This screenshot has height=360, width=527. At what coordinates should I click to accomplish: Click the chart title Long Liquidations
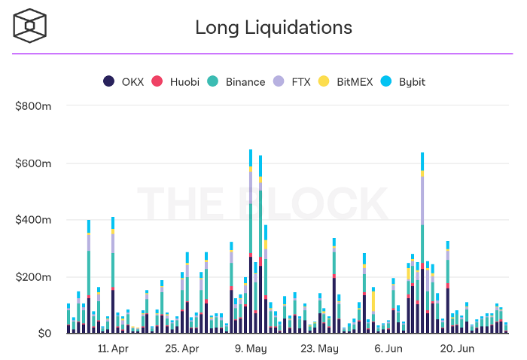pos(273,28)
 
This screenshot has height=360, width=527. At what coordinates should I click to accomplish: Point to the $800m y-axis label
pos(33,106)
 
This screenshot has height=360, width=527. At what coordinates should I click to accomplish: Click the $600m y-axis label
pos(33,163)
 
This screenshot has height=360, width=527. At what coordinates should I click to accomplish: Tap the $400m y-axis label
pos(33,220)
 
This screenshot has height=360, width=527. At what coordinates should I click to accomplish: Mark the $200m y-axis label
pos(33,277)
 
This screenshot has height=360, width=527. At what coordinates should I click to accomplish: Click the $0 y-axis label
pos(42,334)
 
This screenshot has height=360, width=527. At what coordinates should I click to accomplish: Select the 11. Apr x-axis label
pos(114,349)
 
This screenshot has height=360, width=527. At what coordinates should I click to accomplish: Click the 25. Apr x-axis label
pos(181,349)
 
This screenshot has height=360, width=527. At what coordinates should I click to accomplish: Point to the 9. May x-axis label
pos(251,349)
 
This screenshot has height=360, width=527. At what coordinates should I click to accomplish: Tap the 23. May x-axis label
pos(319,349)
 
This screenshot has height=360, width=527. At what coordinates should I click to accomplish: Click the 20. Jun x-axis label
pos(456,349)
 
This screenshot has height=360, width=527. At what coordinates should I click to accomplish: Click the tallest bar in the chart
pos(251,241)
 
